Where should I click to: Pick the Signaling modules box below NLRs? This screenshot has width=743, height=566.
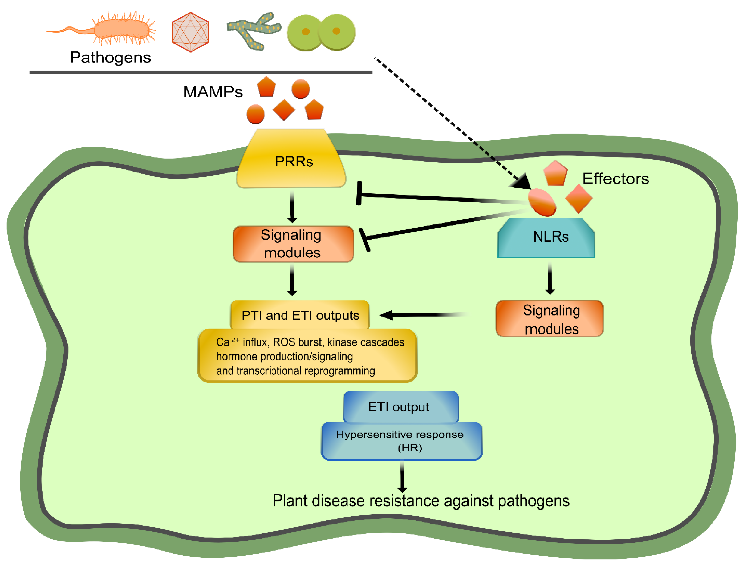[550, 319]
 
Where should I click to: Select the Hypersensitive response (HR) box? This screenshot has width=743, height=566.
[401, 441]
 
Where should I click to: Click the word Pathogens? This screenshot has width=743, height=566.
[110, 57]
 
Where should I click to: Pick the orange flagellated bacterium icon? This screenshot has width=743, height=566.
[111, 30]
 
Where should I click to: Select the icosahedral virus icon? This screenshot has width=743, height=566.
[190, 32]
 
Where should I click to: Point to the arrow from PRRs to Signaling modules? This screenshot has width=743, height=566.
[292, 206]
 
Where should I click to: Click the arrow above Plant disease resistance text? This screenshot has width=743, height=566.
[402, 477]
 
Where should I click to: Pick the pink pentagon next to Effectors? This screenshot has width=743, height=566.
[555, 173]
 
